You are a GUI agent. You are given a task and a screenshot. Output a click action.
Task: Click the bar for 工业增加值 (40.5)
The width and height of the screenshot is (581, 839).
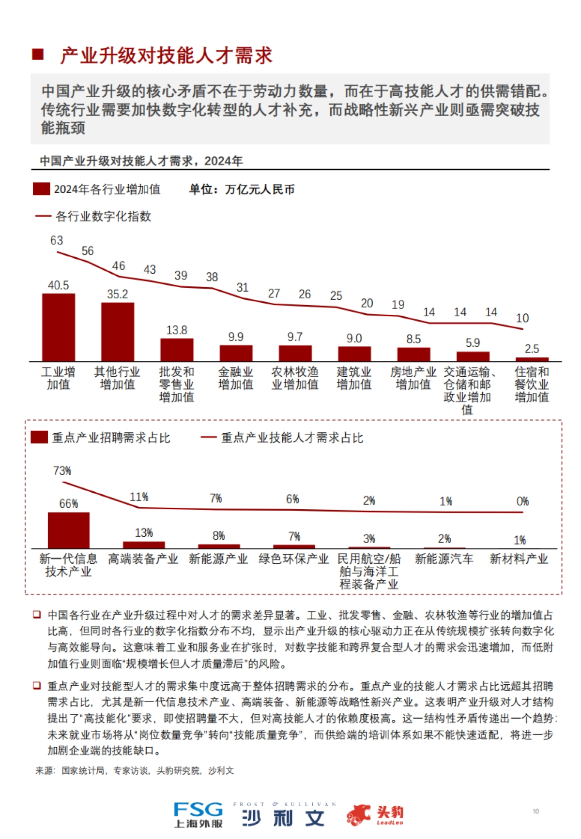pos(59,327)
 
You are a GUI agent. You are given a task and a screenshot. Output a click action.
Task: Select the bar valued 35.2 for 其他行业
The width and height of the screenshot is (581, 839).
pos(118,332)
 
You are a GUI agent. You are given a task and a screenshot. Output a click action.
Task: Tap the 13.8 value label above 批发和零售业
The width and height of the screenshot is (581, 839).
pos(177,330)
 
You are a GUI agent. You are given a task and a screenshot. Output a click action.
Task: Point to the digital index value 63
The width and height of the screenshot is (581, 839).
pos(57,240)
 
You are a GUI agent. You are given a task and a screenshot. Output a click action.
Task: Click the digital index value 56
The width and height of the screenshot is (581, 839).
pos(88,251)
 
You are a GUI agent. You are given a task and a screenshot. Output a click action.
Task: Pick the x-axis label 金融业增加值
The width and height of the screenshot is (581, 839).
pos(236,378)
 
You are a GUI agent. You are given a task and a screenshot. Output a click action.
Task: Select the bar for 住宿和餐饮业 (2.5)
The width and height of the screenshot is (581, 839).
pos(532,359)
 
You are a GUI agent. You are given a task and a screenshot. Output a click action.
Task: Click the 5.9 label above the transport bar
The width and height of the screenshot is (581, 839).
pos(473,343)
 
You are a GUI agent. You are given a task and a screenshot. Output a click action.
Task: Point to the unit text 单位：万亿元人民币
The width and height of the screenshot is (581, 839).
pos(242,189)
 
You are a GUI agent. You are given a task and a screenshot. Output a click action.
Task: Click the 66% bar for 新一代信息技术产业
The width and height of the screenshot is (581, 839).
pos(69,530)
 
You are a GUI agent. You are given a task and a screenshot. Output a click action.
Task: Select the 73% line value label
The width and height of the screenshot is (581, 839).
pos(62,471)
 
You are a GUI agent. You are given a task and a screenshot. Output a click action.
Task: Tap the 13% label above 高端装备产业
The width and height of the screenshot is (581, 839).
pos(144,533)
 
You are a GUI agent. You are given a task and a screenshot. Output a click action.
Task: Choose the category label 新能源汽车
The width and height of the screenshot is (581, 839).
pos(444,559)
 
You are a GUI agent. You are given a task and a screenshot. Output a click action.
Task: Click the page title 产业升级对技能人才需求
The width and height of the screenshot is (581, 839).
pos(166,56)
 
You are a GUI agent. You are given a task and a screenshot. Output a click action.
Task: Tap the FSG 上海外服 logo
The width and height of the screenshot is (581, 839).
pos(199,814)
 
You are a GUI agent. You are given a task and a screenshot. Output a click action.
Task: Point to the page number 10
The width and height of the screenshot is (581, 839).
pos(535,811)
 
